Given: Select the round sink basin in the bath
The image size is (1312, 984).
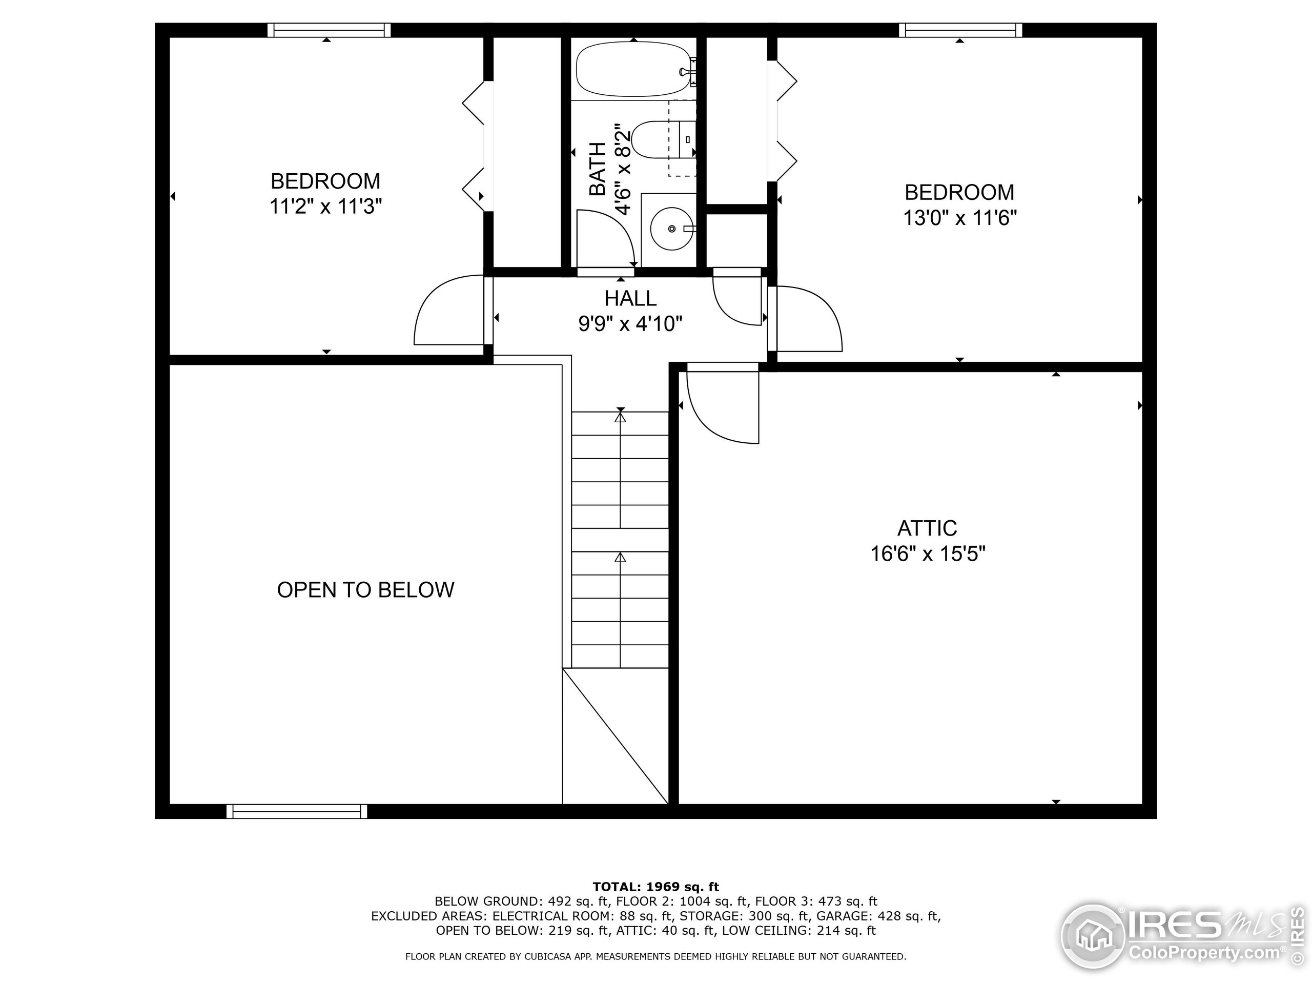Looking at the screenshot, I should pos(672,229).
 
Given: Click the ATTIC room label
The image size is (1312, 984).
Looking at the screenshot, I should pos(927,528).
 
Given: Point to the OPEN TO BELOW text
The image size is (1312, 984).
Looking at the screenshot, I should pos(365,589).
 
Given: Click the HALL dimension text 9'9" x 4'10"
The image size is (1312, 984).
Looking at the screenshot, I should pos(630,324).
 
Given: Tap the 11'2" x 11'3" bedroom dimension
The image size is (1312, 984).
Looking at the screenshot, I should pos(325,207).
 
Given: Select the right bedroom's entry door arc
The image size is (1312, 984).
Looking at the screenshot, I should pos(810,317).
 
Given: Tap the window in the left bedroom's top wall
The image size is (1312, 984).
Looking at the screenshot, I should pos(329,30).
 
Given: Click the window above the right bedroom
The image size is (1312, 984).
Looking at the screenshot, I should pos(960,30).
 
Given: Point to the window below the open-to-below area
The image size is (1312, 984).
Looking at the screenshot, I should pos(297,811).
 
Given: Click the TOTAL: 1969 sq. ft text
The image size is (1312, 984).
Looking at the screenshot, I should pos(655,887).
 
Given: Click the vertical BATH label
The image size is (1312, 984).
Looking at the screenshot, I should pos(598,169).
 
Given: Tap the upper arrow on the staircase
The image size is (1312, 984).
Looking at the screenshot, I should pos(621,417).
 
